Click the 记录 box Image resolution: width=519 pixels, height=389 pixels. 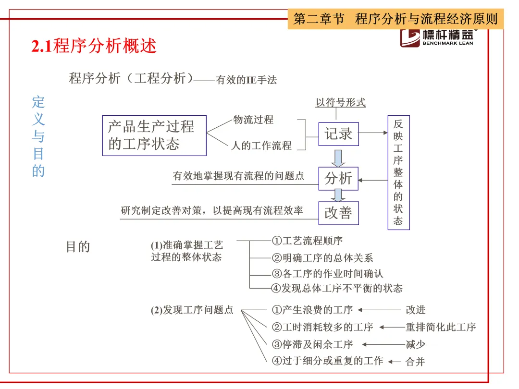click(x=338, y=134)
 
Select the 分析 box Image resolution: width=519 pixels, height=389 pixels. click(x=338, y=178)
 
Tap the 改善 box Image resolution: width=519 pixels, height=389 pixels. click(x=338, y=213)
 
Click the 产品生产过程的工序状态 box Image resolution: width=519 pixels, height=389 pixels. click(x=154, y=135)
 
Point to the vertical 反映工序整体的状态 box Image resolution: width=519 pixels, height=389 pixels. click(x=398, y=172)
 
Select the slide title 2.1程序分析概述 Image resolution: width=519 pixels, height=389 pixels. click(x=94, y=46)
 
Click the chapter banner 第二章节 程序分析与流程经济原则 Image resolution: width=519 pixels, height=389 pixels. click(x=395, y=19)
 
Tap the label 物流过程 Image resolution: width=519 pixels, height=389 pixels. click(x=253, y=120)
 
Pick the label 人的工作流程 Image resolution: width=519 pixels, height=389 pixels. click(x=261, y=146)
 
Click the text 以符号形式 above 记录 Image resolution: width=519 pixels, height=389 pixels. click(x=340, y=102)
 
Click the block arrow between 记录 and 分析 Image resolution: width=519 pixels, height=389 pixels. click(x=339, y=158)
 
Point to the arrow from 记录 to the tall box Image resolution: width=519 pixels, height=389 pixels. click(x=372, y=133)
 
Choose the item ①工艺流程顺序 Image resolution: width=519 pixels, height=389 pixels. click(x=307, y=240)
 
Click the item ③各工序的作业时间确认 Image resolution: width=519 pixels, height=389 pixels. click(x=327, y=274)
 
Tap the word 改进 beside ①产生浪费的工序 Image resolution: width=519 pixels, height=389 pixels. click(x=416, y=310)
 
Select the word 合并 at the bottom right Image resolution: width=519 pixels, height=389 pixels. click(x=415, y=362)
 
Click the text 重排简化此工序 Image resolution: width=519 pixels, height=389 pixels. click(x=441, y=327)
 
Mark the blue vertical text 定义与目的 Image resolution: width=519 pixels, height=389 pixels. click(x=38, y=136)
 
